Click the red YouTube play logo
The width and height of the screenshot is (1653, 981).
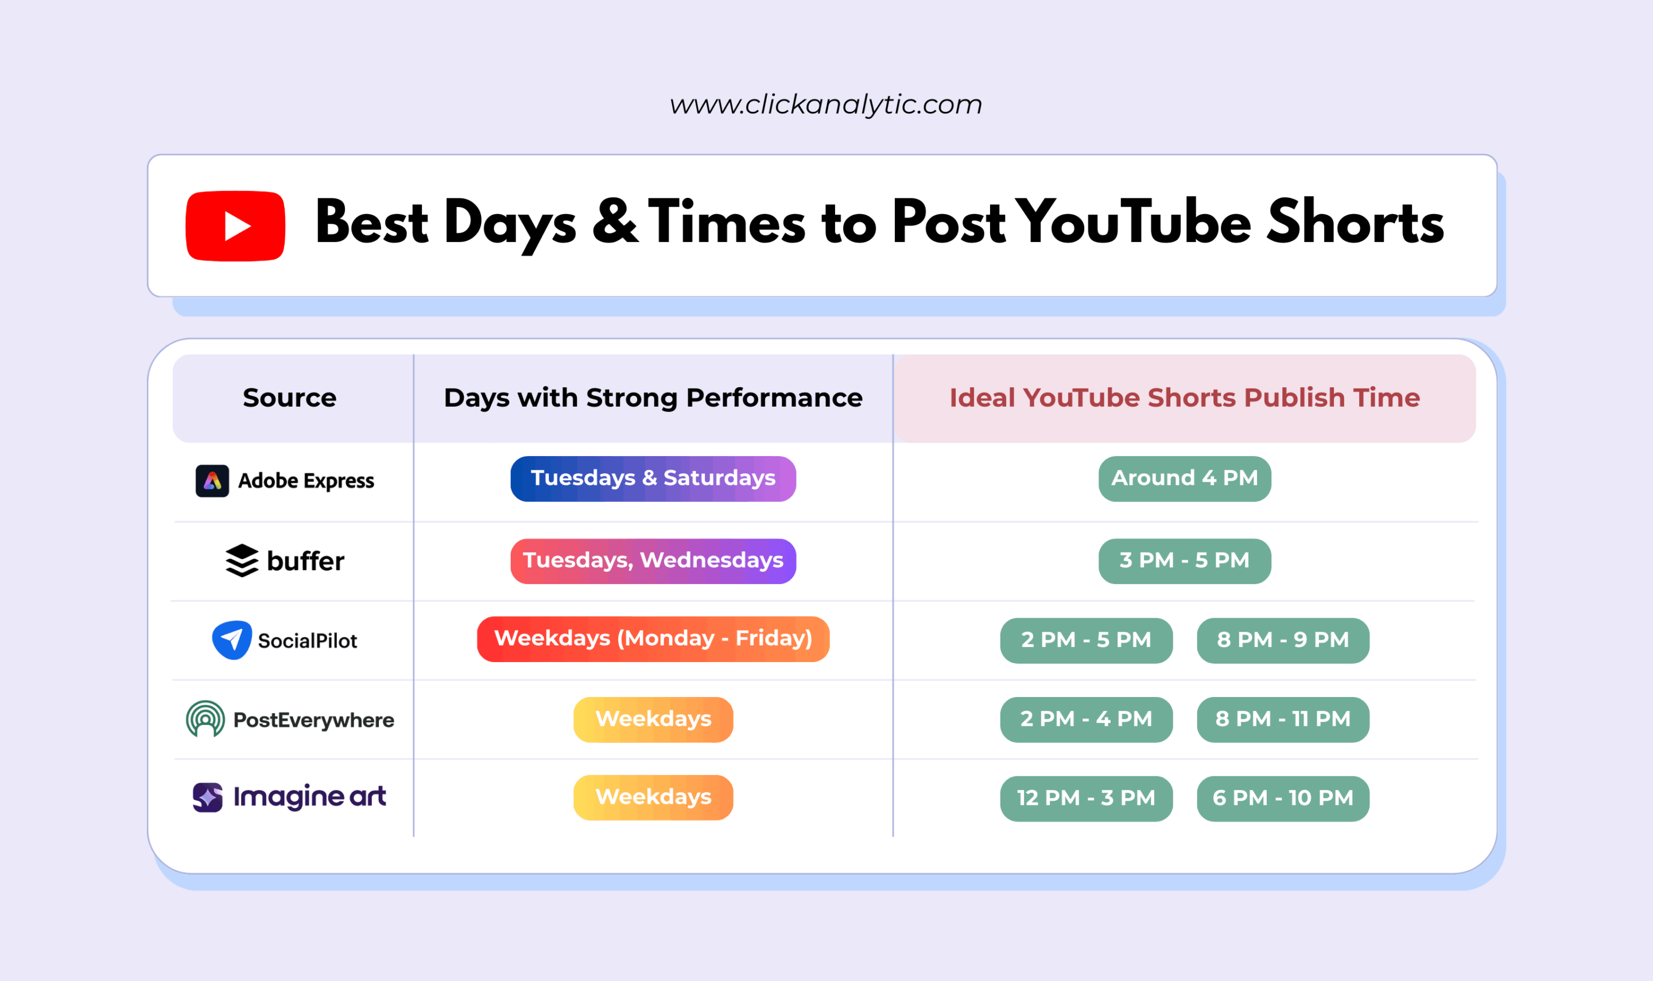point(235,226)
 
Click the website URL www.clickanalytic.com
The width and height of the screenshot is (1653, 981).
point(826,104)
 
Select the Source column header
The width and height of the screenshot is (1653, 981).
point(290,398)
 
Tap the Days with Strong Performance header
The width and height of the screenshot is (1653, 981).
point(653,398)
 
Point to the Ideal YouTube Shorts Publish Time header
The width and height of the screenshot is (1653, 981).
point(1184,398)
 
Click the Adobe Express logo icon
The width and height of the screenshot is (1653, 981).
point(212,481)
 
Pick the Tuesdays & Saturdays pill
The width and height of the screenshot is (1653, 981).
point(653,478)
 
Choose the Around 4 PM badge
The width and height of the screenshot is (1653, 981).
point(1184,478)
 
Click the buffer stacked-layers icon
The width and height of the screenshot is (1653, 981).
point(242,560)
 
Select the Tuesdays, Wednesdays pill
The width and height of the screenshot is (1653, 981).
point(653,560)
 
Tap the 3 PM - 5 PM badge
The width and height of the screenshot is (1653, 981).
point(1184,560)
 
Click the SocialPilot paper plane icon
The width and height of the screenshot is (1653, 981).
point(231,640)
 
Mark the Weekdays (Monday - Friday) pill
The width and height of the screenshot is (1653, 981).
point(653,639)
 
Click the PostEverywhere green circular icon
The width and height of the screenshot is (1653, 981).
point(205,719)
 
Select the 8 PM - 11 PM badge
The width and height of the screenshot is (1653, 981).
point(1283,719)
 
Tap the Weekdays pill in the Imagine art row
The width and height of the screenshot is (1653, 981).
point(653,798)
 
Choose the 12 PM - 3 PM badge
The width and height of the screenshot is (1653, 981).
point(1086,799)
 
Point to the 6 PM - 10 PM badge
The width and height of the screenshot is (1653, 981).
point(1283,799)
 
